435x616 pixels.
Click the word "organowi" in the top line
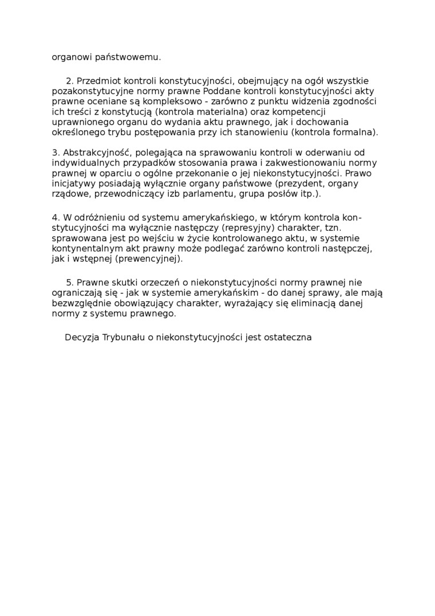tap(70, 57)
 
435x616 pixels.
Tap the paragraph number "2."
tap(70, 81)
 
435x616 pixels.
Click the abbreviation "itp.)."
tap(309, 194)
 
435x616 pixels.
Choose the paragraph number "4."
tap(56, 218)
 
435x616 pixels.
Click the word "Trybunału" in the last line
tap(123, 338)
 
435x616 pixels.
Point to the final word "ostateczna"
tap(287, 338)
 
